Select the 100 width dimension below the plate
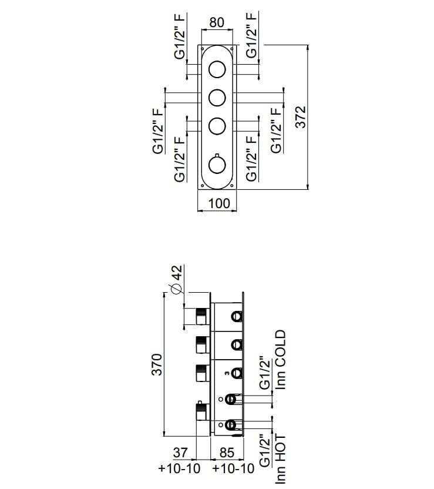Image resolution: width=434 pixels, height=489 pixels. (x=218, y=204)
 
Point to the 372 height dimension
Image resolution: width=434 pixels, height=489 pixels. (x=300, y=118)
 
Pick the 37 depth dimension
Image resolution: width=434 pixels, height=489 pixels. (x=181, y=453)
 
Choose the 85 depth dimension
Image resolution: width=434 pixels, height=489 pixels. (x=227, y=453)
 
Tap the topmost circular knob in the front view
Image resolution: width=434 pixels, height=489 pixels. (x=217, y=70)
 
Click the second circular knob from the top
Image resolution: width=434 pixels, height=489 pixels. (x=217, y=96)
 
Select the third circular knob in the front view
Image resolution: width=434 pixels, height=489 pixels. (x=217, y=125)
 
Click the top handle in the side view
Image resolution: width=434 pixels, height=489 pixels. (x=201, y=315)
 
